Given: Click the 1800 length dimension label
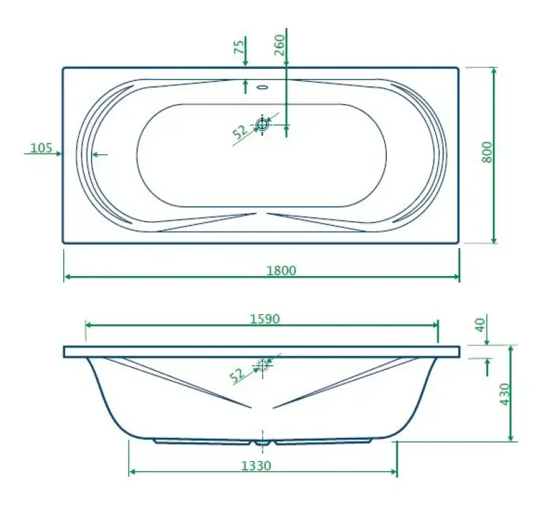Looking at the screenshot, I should point(281,270).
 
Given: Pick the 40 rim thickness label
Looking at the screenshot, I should point(480,324).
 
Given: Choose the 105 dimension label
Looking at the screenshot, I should point(41,148).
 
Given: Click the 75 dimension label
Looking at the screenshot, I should point(239,47).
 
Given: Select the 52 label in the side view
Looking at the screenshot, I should point(237,374).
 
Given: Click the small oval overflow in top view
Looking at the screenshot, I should point(262,87).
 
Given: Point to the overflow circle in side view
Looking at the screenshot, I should point(262,365).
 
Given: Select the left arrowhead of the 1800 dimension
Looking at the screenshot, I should point(67,277).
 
